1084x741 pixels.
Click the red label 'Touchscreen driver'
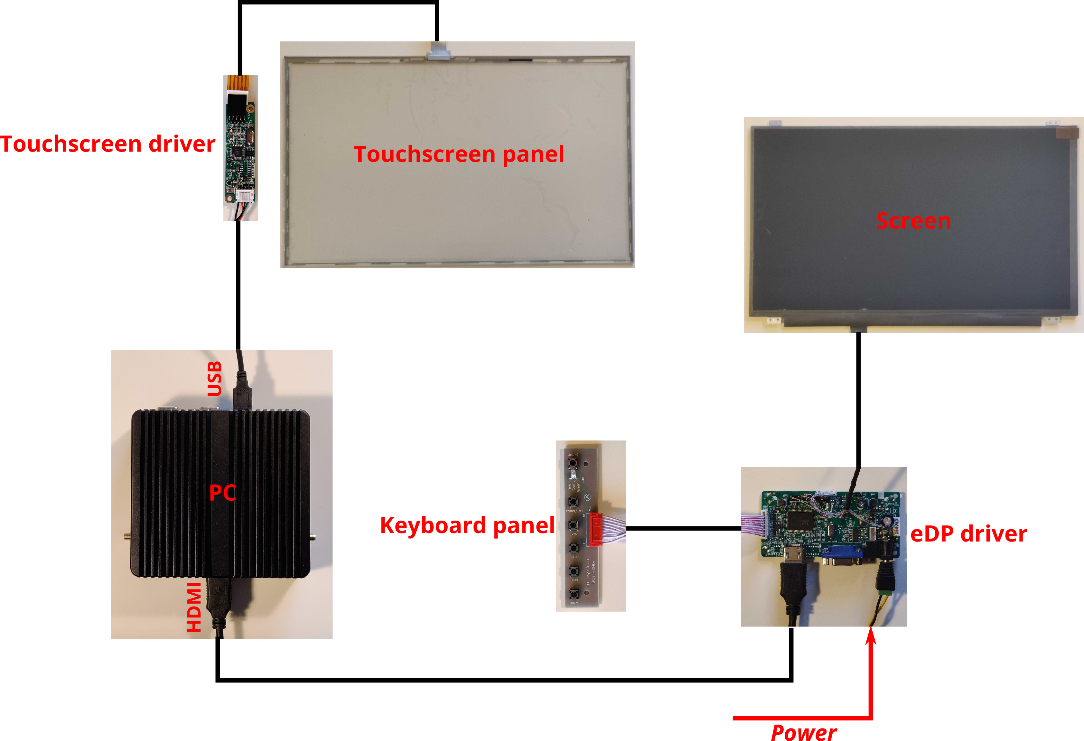tap(107, 144)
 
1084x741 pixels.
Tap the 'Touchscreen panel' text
tap(459, 154)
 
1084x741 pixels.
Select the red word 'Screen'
tap(913, 221)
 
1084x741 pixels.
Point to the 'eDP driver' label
tap(968, 534)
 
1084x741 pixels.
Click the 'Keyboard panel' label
tap(467, 525)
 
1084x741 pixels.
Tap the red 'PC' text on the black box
tap(222, 493)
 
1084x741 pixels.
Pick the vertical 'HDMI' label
tap(194, 607)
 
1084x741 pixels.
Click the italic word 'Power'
tap(803, 732)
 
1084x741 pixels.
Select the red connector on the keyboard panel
tap(596, 529)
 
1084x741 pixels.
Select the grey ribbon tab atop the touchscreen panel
tap(439, 51)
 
